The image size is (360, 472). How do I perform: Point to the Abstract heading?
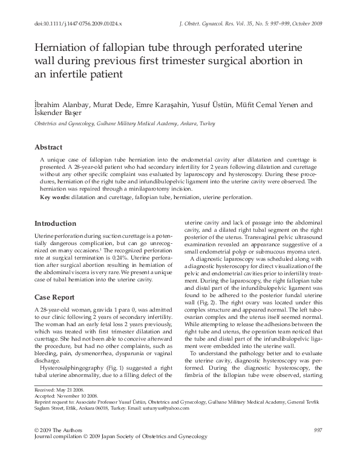click(48, 147)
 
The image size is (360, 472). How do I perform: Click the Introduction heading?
click(56, 223)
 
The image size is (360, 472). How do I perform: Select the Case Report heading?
click(55, 297)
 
